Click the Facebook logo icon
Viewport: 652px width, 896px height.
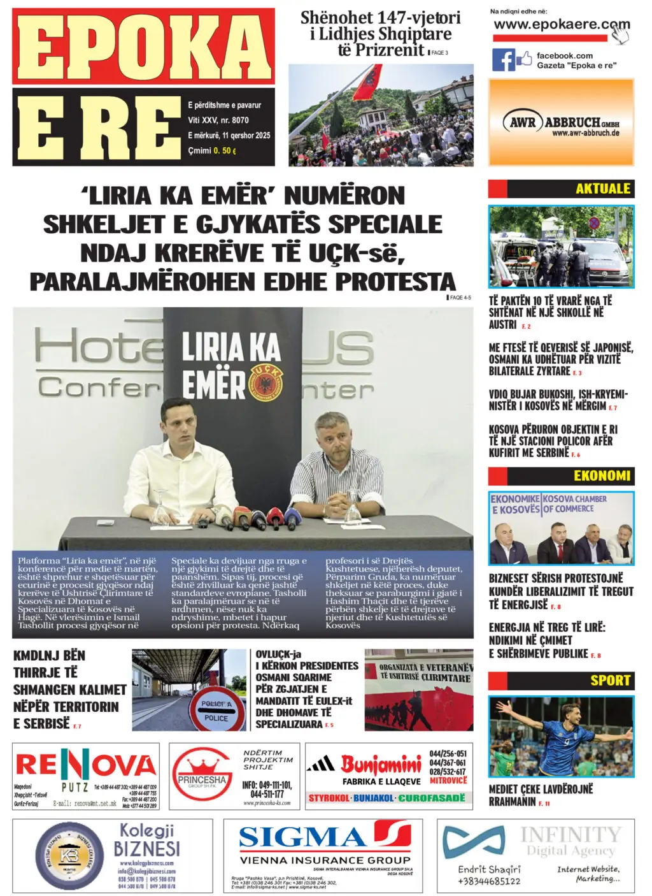[503, 60]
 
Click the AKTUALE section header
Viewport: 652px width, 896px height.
[602, 189]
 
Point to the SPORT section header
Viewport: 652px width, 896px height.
[609, 680]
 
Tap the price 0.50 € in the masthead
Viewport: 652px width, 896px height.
[225, 151]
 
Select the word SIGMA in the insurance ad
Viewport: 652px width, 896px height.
[302, 837]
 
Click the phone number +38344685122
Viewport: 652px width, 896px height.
[488, 881]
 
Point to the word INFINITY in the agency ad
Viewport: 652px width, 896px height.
[570, 834]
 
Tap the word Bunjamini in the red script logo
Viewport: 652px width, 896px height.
[380, 763]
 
